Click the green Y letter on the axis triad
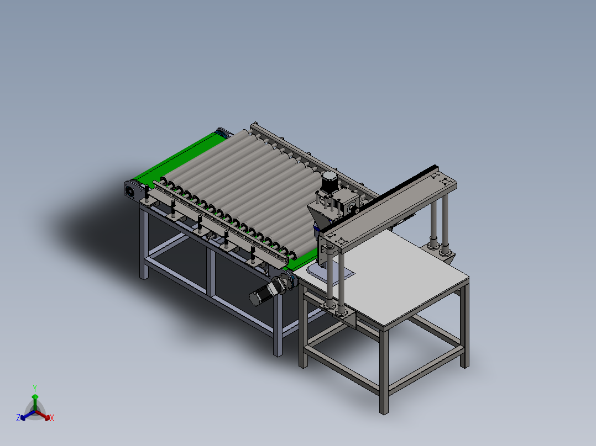(34, 388)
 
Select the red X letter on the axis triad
(51, 418)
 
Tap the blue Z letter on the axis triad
(18, 418)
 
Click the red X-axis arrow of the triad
(44, 416)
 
